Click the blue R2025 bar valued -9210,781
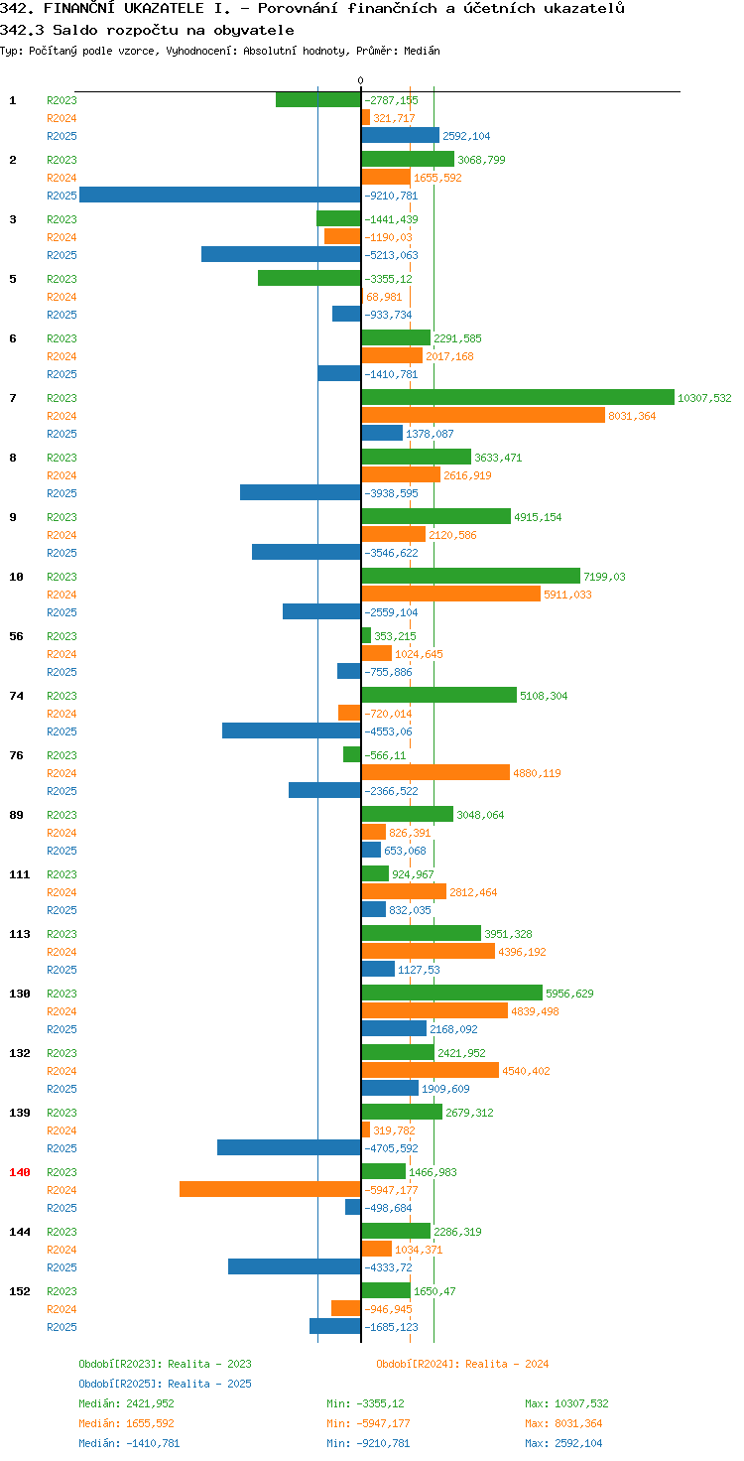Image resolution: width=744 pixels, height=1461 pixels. (220, 195)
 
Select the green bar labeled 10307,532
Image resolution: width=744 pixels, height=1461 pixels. (518, 397)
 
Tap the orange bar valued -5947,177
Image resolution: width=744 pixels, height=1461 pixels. (271, 1189)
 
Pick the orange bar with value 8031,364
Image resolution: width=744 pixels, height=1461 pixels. (483, 415)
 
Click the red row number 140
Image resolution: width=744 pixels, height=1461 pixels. (20, 1172)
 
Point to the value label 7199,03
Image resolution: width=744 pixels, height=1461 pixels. (604, 577)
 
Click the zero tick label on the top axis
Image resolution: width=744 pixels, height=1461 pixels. (360, 80)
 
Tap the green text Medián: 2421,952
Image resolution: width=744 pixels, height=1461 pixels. (127, 1403)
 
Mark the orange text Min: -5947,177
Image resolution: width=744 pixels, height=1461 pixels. (368, 1423)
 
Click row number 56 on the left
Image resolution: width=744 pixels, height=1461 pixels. (16, 636)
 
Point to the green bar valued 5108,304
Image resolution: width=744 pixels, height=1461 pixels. (438, 696)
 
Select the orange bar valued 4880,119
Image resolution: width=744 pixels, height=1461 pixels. (435, 772)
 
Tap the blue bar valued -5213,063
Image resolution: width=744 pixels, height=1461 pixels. (281, 254)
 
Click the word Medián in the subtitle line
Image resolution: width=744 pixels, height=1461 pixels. (422, 51)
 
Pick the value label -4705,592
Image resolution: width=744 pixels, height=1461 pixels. (391, 1148)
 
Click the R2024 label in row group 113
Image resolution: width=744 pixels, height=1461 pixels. (62, 952)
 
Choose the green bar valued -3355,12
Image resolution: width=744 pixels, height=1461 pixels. (310, 278)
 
